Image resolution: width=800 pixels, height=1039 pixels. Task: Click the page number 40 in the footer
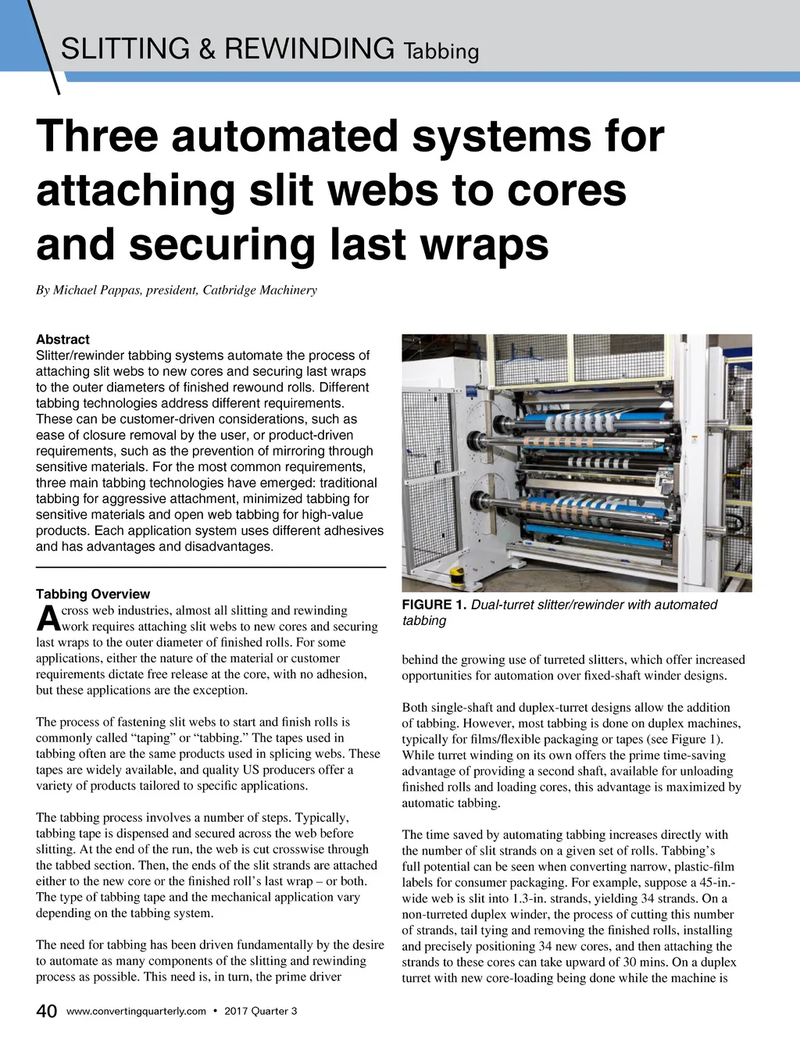pos(46,1012)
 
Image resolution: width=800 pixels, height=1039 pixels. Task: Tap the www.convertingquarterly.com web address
pos(136,1012)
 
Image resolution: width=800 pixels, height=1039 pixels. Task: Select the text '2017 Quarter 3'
pos(261,1012)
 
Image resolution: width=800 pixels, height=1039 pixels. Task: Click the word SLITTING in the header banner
pos(125,48)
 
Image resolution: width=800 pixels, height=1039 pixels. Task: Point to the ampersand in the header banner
pos(207,48)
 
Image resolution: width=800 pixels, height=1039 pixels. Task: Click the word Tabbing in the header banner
pos(441,52)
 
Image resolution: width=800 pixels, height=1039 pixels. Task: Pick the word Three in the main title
pos(97,135)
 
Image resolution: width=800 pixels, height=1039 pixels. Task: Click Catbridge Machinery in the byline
pos(259,291)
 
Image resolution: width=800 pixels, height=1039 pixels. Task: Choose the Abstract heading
pos(62,340)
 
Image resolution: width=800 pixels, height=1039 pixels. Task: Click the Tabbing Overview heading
pos(93,594)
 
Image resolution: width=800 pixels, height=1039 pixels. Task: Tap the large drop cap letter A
pos(48,619)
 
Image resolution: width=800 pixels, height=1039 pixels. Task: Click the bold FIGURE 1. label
pos(434,605)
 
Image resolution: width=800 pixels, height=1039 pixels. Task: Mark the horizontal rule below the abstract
pos(211,567)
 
